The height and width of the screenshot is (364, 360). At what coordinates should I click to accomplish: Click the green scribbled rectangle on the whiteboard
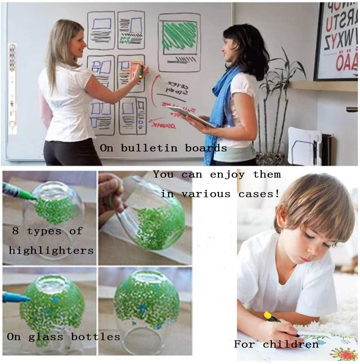179,36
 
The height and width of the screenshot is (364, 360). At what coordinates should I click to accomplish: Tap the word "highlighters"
51,250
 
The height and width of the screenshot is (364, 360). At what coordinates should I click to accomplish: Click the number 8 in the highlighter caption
15,231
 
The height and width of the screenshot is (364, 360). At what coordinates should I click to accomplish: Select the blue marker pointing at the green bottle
15,298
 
